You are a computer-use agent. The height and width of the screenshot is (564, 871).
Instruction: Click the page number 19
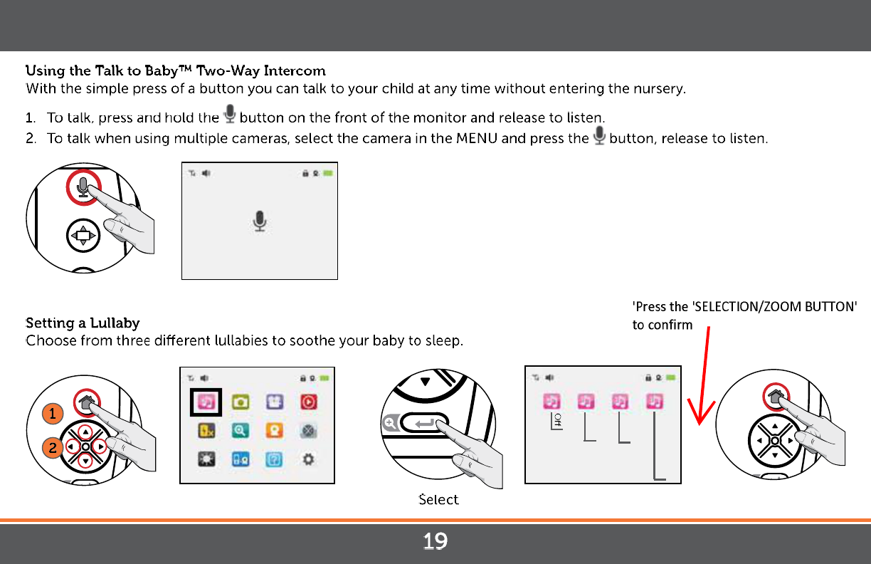pyautogui.click(x=435, y=541)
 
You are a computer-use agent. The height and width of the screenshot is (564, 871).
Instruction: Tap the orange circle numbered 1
pyautogui.click(x=53, y=413)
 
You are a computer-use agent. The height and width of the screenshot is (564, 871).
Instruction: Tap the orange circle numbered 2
pyautogui.click(x=53, y=448)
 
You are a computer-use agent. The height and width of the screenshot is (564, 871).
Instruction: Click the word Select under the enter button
pyautogui.click(x=438, y=499)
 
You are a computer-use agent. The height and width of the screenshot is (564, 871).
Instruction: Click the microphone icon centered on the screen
pyautogui.click(x=260, y=221)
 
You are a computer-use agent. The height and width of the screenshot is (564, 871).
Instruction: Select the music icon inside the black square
pyautogui.click(x=206, y=402)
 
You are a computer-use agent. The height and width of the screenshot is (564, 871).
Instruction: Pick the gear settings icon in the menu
pyautogui.click(x=308, y=459)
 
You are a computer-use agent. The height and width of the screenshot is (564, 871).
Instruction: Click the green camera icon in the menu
pyautogui.click(x=241, y=402)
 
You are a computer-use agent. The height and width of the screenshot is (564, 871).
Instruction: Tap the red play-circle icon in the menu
pyautogui.click(x=309, y=402)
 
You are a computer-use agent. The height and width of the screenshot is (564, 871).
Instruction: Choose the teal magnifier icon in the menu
pyautogui.click(x=241, y=431)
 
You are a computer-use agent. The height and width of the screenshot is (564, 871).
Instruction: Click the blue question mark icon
pyautogui.click(x=274, y=460)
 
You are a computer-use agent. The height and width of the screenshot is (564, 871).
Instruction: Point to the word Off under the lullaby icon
pyautogui.click(x=558, y=420)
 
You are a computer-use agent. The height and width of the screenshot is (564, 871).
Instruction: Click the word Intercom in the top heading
pyautogui.click(x=295, y=70)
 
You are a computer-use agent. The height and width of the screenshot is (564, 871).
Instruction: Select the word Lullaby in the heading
pyautogui.click(x=115, y=323)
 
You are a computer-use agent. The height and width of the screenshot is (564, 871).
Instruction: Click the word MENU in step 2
pyautogui.click(x=477, y=138)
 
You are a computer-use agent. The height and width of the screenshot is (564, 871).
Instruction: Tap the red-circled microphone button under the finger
pyautogui.click(x=83, y=187)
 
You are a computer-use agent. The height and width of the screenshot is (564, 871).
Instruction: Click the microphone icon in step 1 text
pyautogui.click(x=230, y=114)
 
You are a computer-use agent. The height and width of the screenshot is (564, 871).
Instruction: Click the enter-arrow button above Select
pyautogui.click(x=424, y=423)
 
